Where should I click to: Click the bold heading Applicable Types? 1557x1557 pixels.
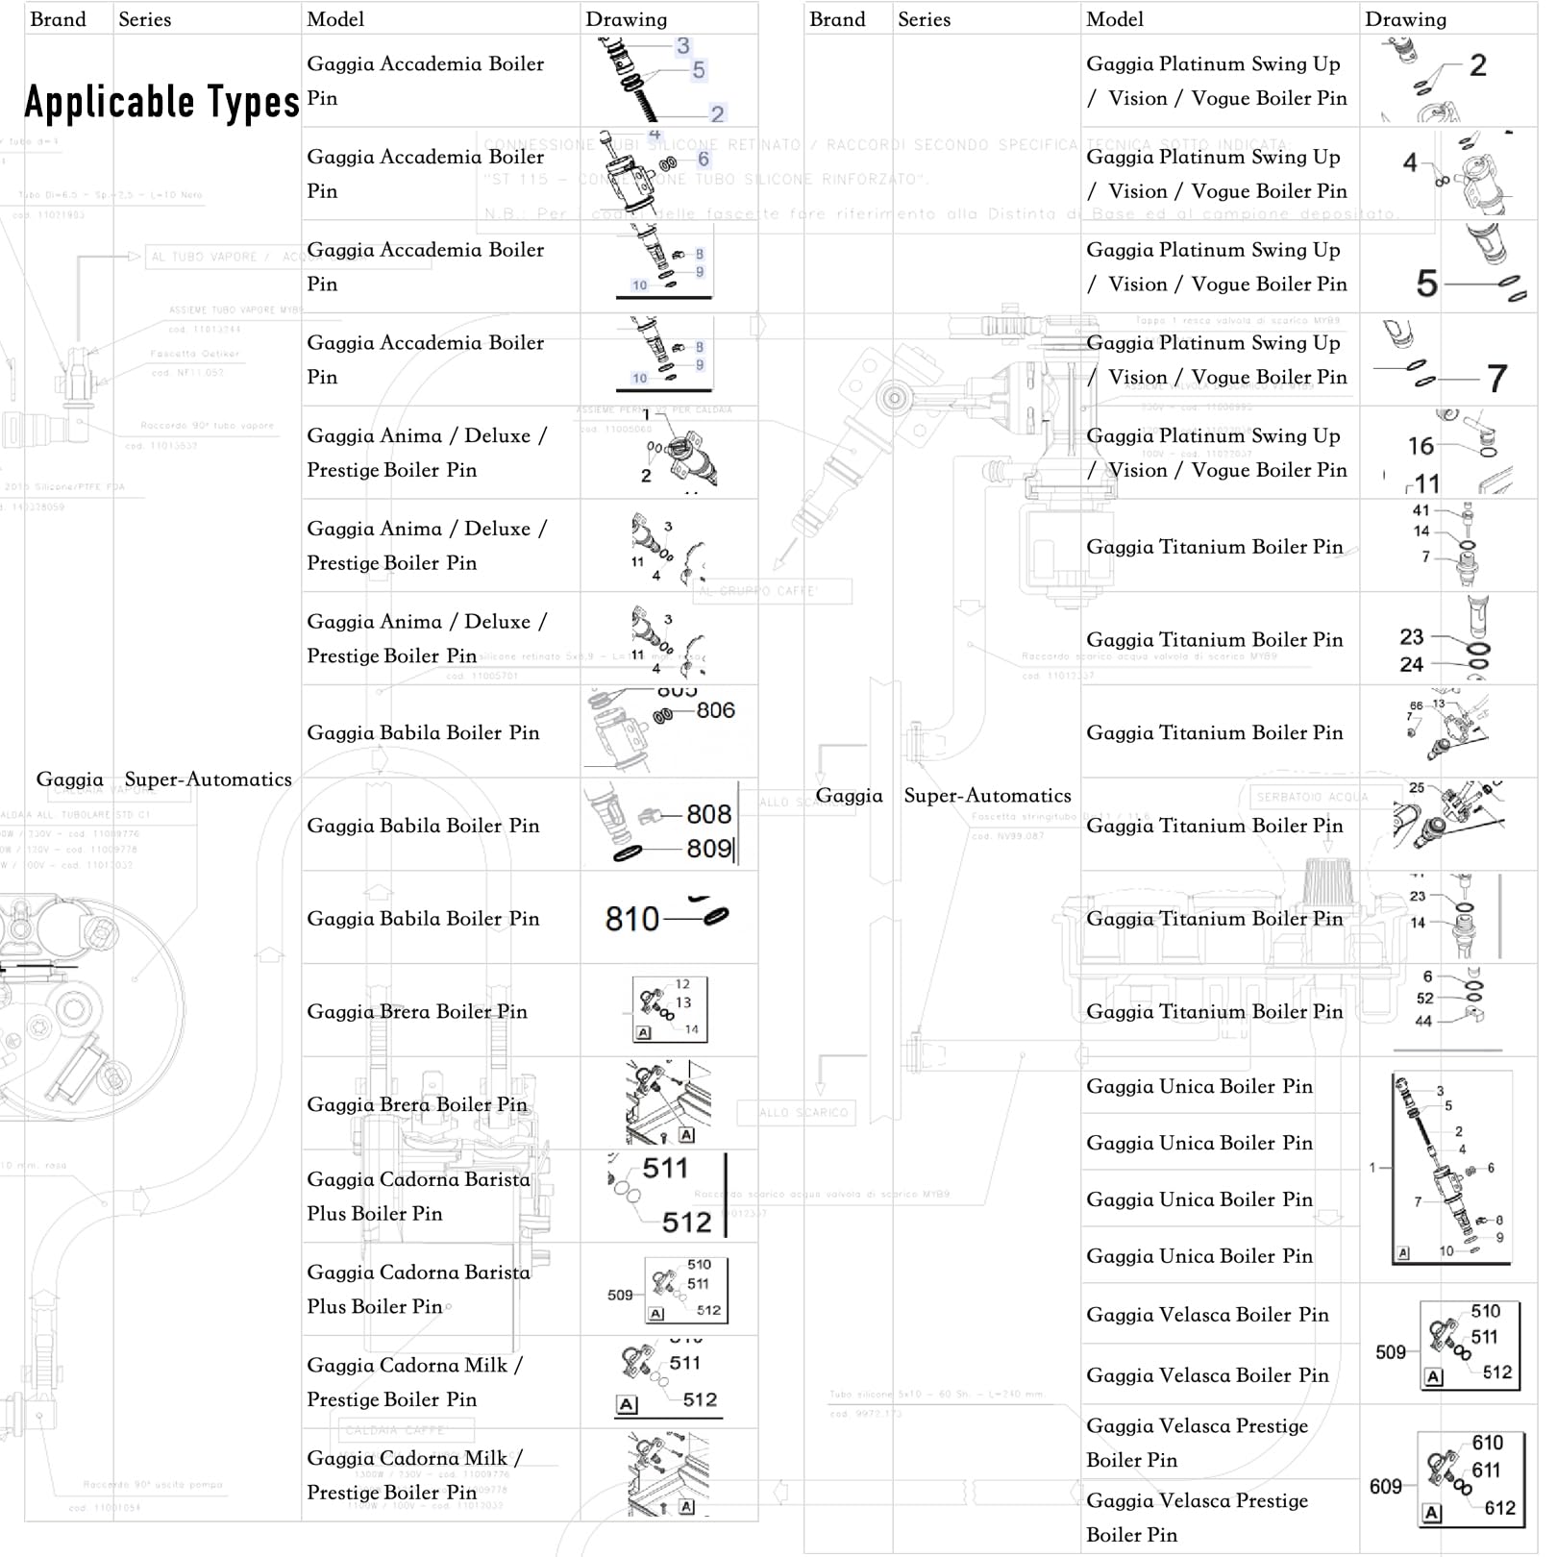[x=161, y=102]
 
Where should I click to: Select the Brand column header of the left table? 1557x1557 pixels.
[x=58, y=19]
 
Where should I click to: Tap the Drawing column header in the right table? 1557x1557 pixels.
[x=1405, y=19]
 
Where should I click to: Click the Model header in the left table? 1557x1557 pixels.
[x=335, y=19]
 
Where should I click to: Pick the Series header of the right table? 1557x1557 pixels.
[x=924, y=19]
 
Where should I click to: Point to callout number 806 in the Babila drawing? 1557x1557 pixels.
[x=715, y=710]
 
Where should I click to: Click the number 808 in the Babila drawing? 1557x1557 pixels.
[x=708, y=814]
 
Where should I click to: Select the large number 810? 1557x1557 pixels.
[x=631, y=920]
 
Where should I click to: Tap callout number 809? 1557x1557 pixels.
[x=708, y=849]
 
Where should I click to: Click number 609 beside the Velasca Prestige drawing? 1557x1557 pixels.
[x=1385, y=1487]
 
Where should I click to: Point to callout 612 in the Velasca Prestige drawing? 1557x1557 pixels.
[x=1499, y=1508]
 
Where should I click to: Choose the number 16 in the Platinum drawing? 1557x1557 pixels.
[x=1421, y=446]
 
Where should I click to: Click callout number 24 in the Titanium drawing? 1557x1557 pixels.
[x=1411, y=664]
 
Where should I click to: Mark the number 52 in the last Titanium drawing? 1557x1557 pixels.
[x=1424, y=999]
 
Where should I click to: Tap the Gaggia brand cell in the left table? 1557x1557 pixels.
[x=69, y=779]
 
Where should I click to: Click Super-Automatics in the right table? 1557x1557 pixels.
[x=987, y=796]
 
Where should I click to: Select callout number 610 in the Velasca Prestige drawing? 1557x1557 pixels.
[x=1487, y=1443]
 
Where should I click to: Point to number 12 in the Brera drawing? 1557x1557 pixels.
[x=682, y=984]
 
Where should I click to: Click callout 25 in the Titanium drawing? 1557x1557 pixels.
[x=1417, y=788]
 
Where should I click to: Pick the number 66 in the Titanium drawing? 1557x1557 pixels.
[x=1416, y=705]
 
